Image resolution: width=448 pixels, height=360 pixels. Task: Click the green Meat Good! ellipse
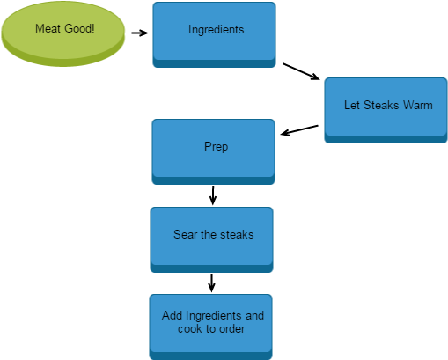63,33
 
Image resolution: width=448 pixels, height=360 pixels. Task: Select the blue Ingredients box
214,34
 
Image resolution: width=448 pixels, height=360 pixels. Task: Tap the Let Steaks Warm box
386,110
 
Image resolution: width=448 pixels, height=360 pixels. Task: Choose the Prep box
213,151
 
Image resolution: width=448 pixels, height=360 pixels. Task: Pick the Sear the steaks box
211,239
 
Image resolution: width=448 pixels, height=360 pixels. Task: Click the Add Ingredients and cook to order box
211,327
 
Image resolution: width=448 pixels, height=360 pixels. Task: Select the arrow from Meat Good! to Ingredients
140,33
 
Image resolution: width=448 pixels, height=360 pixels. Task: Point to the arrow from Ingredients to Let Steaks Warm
301,71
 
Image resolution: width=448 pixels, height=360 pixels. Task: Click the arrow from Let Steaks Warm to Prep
299,130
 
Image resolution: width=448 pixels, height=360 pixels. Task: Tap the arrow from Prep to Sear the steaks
213,195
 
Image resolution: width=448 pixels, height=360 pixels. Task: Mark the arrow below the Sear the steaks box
211,283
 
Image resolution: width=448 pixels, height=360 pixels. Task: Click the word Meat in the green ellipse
48,28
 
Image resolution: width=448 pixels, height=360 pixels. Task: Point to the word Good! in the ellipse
79,28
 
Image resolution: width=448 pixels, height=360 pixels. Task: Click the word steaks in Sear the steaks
237,234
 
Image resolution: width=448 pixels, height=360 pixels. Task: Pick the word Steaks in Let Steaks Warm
382,105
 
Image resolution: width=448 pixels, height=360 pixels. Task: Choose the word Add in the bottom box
173,316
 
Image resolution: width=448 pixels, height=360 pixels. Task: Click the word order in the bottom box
232,329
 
